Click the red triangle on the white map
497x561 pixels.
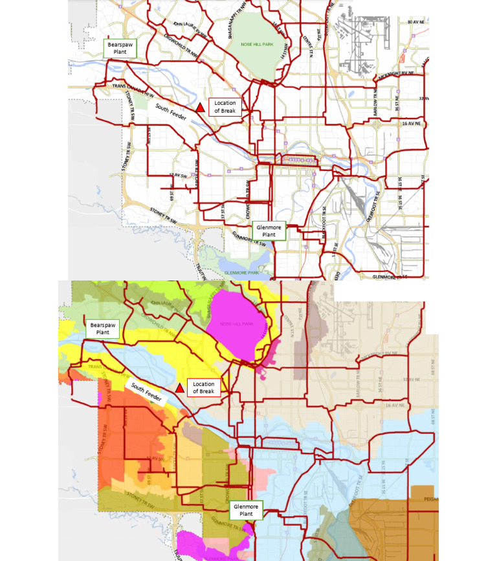(201, 107)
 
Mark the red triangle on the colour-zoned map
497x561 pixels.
(179, 387)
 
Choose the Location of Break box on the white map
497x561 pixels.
(226, 107)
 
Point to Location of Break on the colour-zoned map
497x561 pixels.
(203, 388)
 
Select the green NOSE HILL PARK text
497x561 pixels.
(257, 44)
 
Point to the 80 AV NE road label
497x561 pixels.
(417, 22)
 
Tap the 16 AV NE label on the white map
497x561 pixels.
(412, 122)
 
